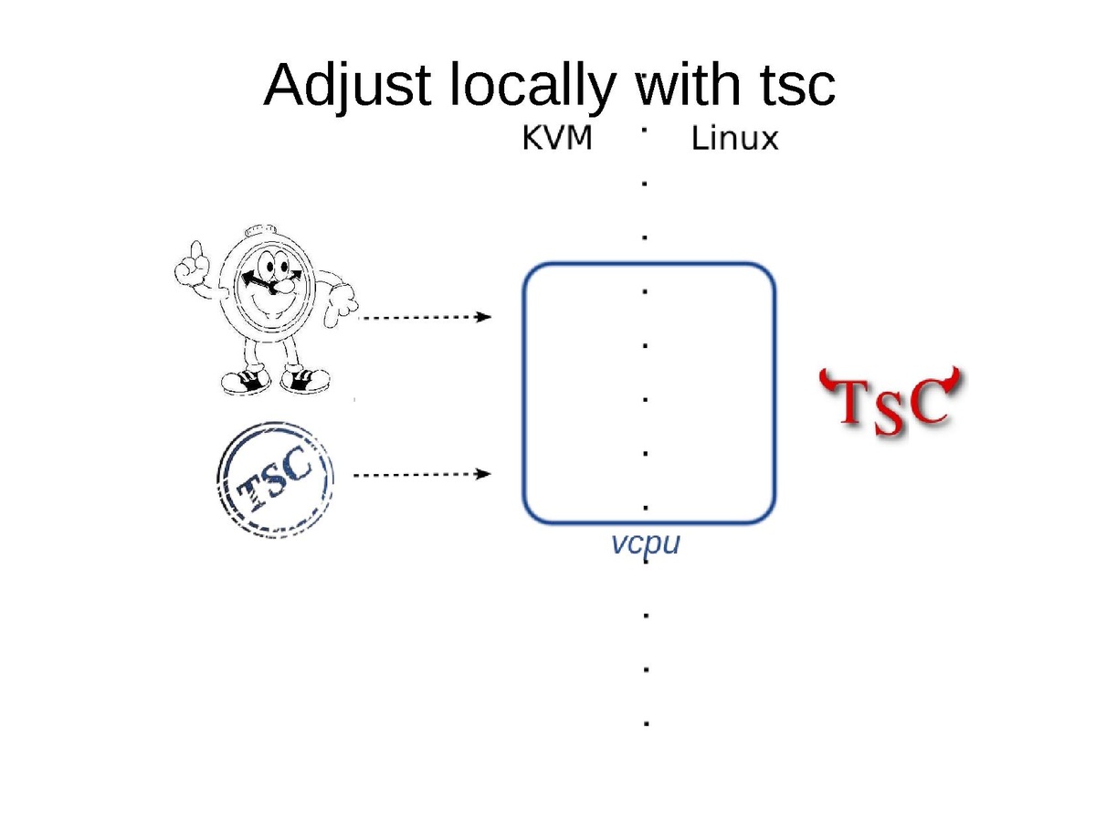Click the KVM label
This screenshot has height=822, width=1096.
[x=556, y=140]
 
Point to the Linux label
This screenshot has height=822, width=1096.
[x=734, y=140]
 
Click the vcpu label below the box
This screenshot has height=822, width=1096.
[x=647, y=544]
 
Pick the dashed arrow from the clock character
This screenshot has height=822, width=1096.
[x=426, y=317]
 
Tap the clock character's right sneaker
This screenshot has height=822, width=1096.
[x=305, y=377]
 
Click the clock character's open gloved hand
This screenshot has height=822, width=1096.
[x=340, y=300]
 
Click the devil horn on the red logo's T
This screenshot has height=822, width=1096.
[x=827, y=377]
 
